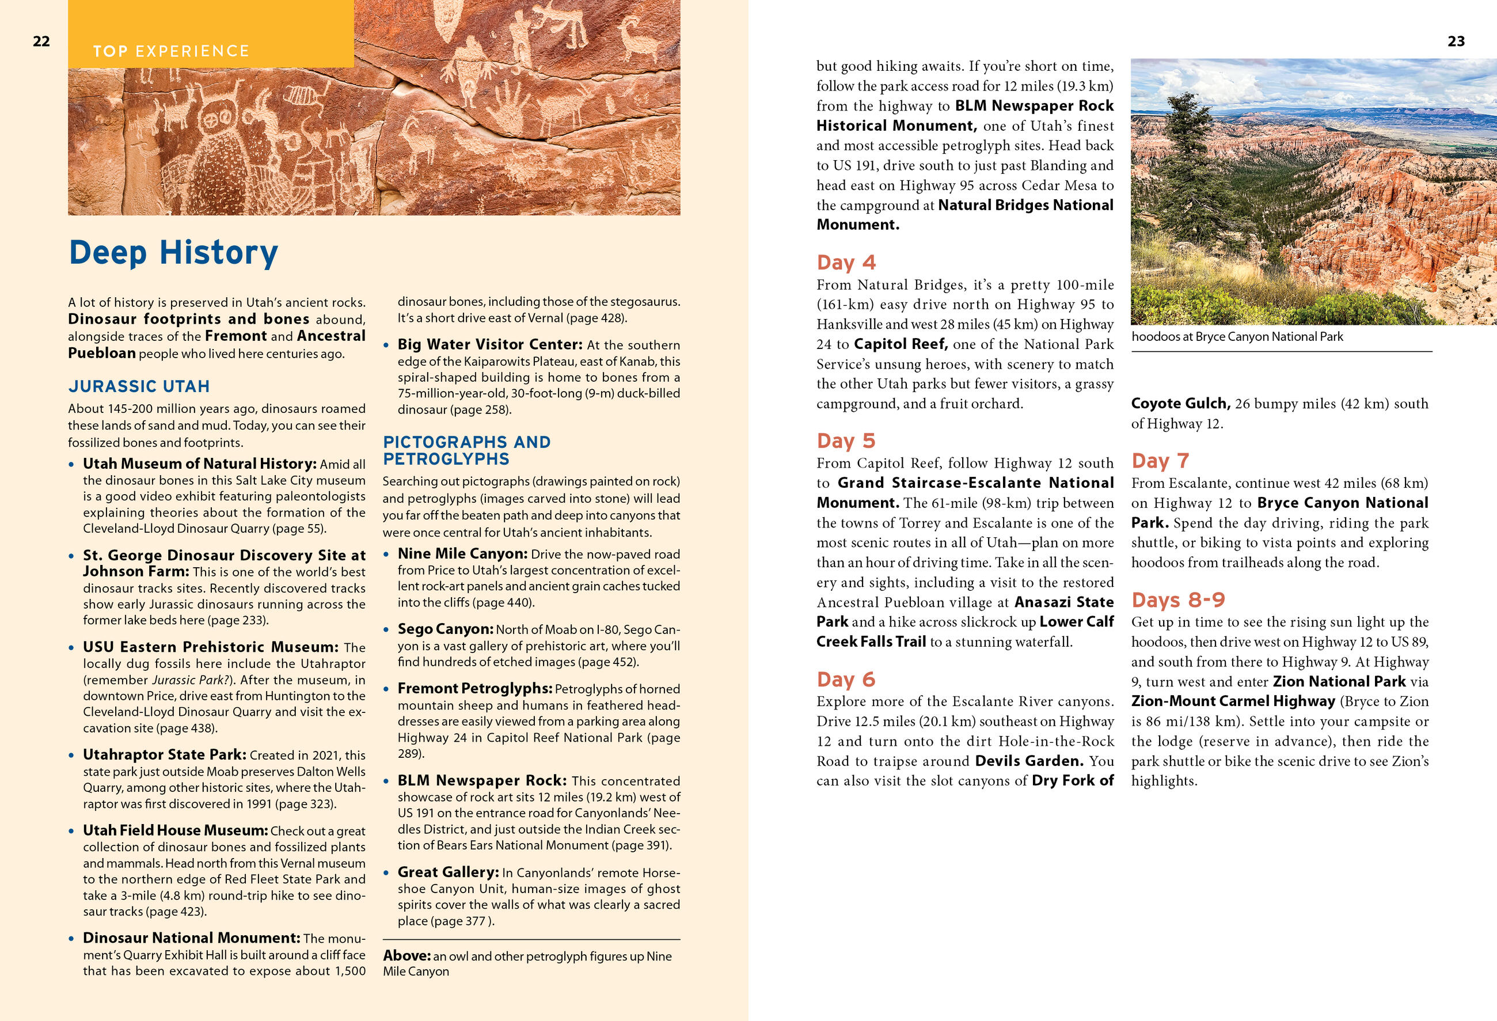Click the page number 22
(x=41, y=42)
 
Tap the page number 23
(x=1456, y=42)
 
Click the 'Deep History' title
(x=173, y=252)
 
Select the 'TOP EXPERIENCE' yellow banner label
(x=170, y=51)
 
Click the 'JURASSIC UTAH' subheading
(x=139, y=386)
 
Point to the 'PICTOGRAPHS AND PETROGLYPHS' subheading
(x=466, y=450)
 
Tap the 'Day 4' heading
(x=846, y=262)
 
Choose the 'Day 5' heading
(x=846, y=441)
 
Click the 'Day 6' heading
(x=846, y=680)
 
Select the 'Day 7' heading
(x=1160, y=461)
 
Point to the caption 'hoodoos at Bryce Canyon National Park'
(x=1237, y=336)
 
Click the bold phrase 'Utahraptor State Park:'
(x=164, y=754)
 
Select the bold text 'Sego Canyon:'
(x=445, y=629)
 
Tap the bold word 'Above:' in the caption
(x=406, y=955)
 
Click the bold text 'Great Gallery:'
(x=448, y=872)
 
